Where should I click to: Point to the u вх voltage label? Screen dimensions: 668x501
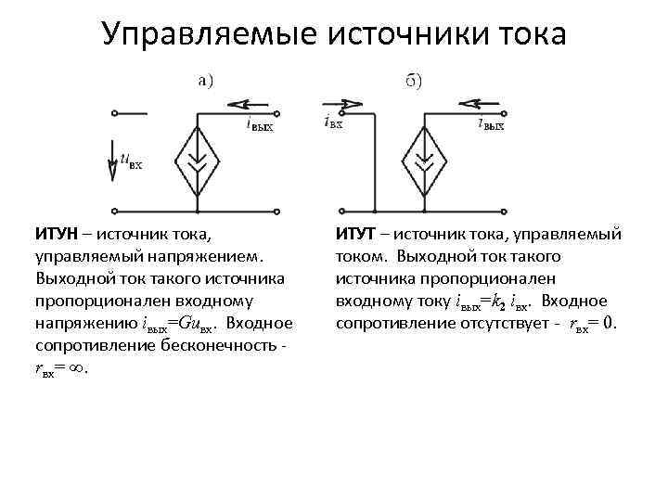(x=131, y=161)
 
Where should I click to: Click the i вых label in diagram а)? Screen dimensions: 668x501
(x=260, y=124)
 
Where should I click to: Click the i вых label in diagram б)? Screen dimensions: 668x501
(x=491, y=123)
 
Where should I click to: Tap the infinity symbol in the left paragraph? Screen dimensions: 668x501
(x=78, y=367)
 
